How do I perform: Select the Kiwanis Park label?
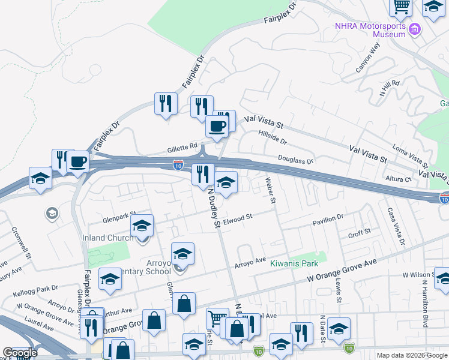click(x=294, y=263)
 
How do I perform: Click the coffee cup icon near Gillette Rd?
click(x=217, y=126)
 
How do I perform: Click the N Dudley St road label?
click(x=212, y=208)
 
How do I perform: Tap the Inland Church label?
click(x=109, y=238)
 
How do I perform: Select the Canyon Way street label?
click(x=368, y=59)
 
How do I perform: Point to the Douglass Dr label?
click(x=295, y=160)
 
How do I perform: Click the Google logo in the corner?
click(x=20, y=353)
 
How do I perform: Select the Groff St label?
click(x=360, y=231)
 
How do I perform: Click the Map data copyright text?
click(x=412, y=355)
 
